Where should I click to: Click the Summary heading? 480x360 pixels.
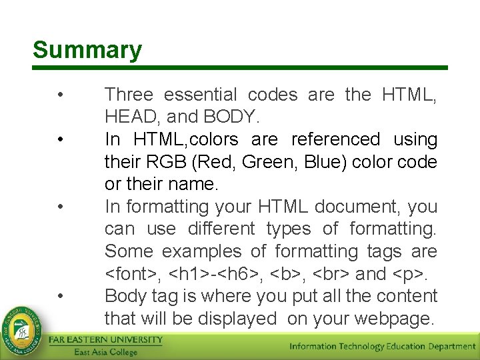tap(87, 50)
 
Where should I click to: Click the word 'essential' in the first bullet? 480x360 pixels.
tap(201, 95)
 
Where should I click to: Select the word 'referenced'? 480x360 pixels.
tap(335, 139)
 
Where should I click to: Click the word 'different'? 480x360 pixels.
tap(221, 229)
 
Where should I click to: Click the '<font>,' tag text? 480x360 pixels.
tap(133, 274)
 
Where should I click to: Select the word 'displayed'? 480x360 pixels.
tap(234, 319)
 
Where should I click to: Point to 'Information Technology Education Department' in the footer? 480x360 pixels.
tap(382, 346)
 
